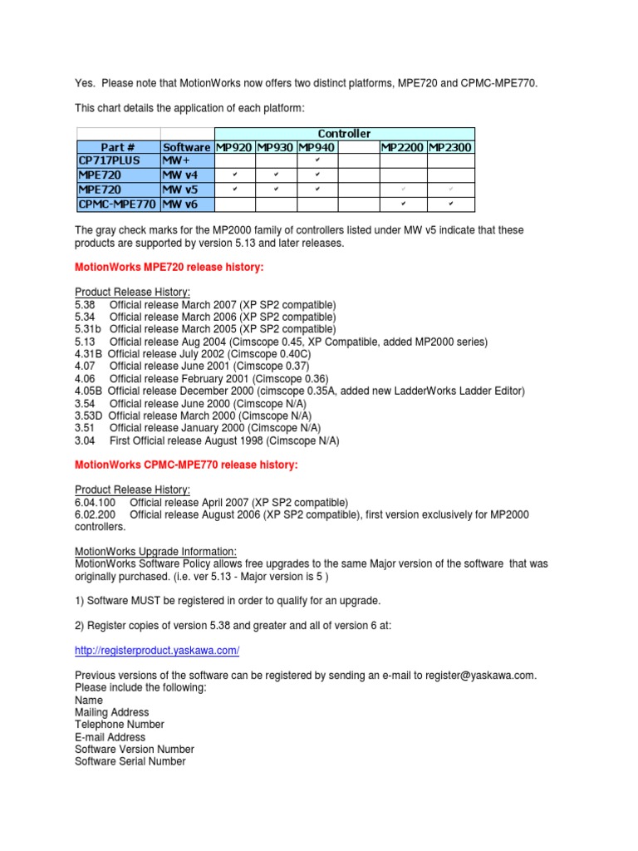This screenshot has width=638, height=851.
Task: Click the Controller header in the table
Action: point(344,134)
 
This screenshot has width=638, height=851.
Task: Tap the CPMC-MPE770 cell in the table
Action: point(117,204)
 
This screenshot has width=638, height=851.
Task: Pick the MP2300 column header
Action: point(450,147)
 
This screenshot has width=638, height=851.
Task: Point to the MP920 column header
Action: point(235,147)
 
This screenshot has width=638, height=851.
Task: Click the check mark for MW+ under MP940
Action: point(318,160)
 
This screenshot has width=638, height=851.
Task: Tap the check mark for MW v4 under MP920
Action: point(235,175)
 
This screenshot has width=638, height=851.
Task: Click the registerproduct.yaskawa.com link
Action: point(157,650)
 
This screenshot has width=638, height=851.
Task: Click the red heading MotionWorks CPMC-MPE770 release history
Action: point(186,465)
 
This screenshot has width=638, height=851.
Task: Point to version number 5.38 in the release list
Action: point(86,305)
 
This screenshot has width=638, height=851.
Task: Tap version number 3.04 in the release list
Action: point(86,441)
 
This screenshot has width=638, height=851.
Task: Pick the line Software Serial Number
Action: point(130,761)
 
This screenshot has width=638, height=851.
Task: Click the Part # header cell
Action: point(118,147)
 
